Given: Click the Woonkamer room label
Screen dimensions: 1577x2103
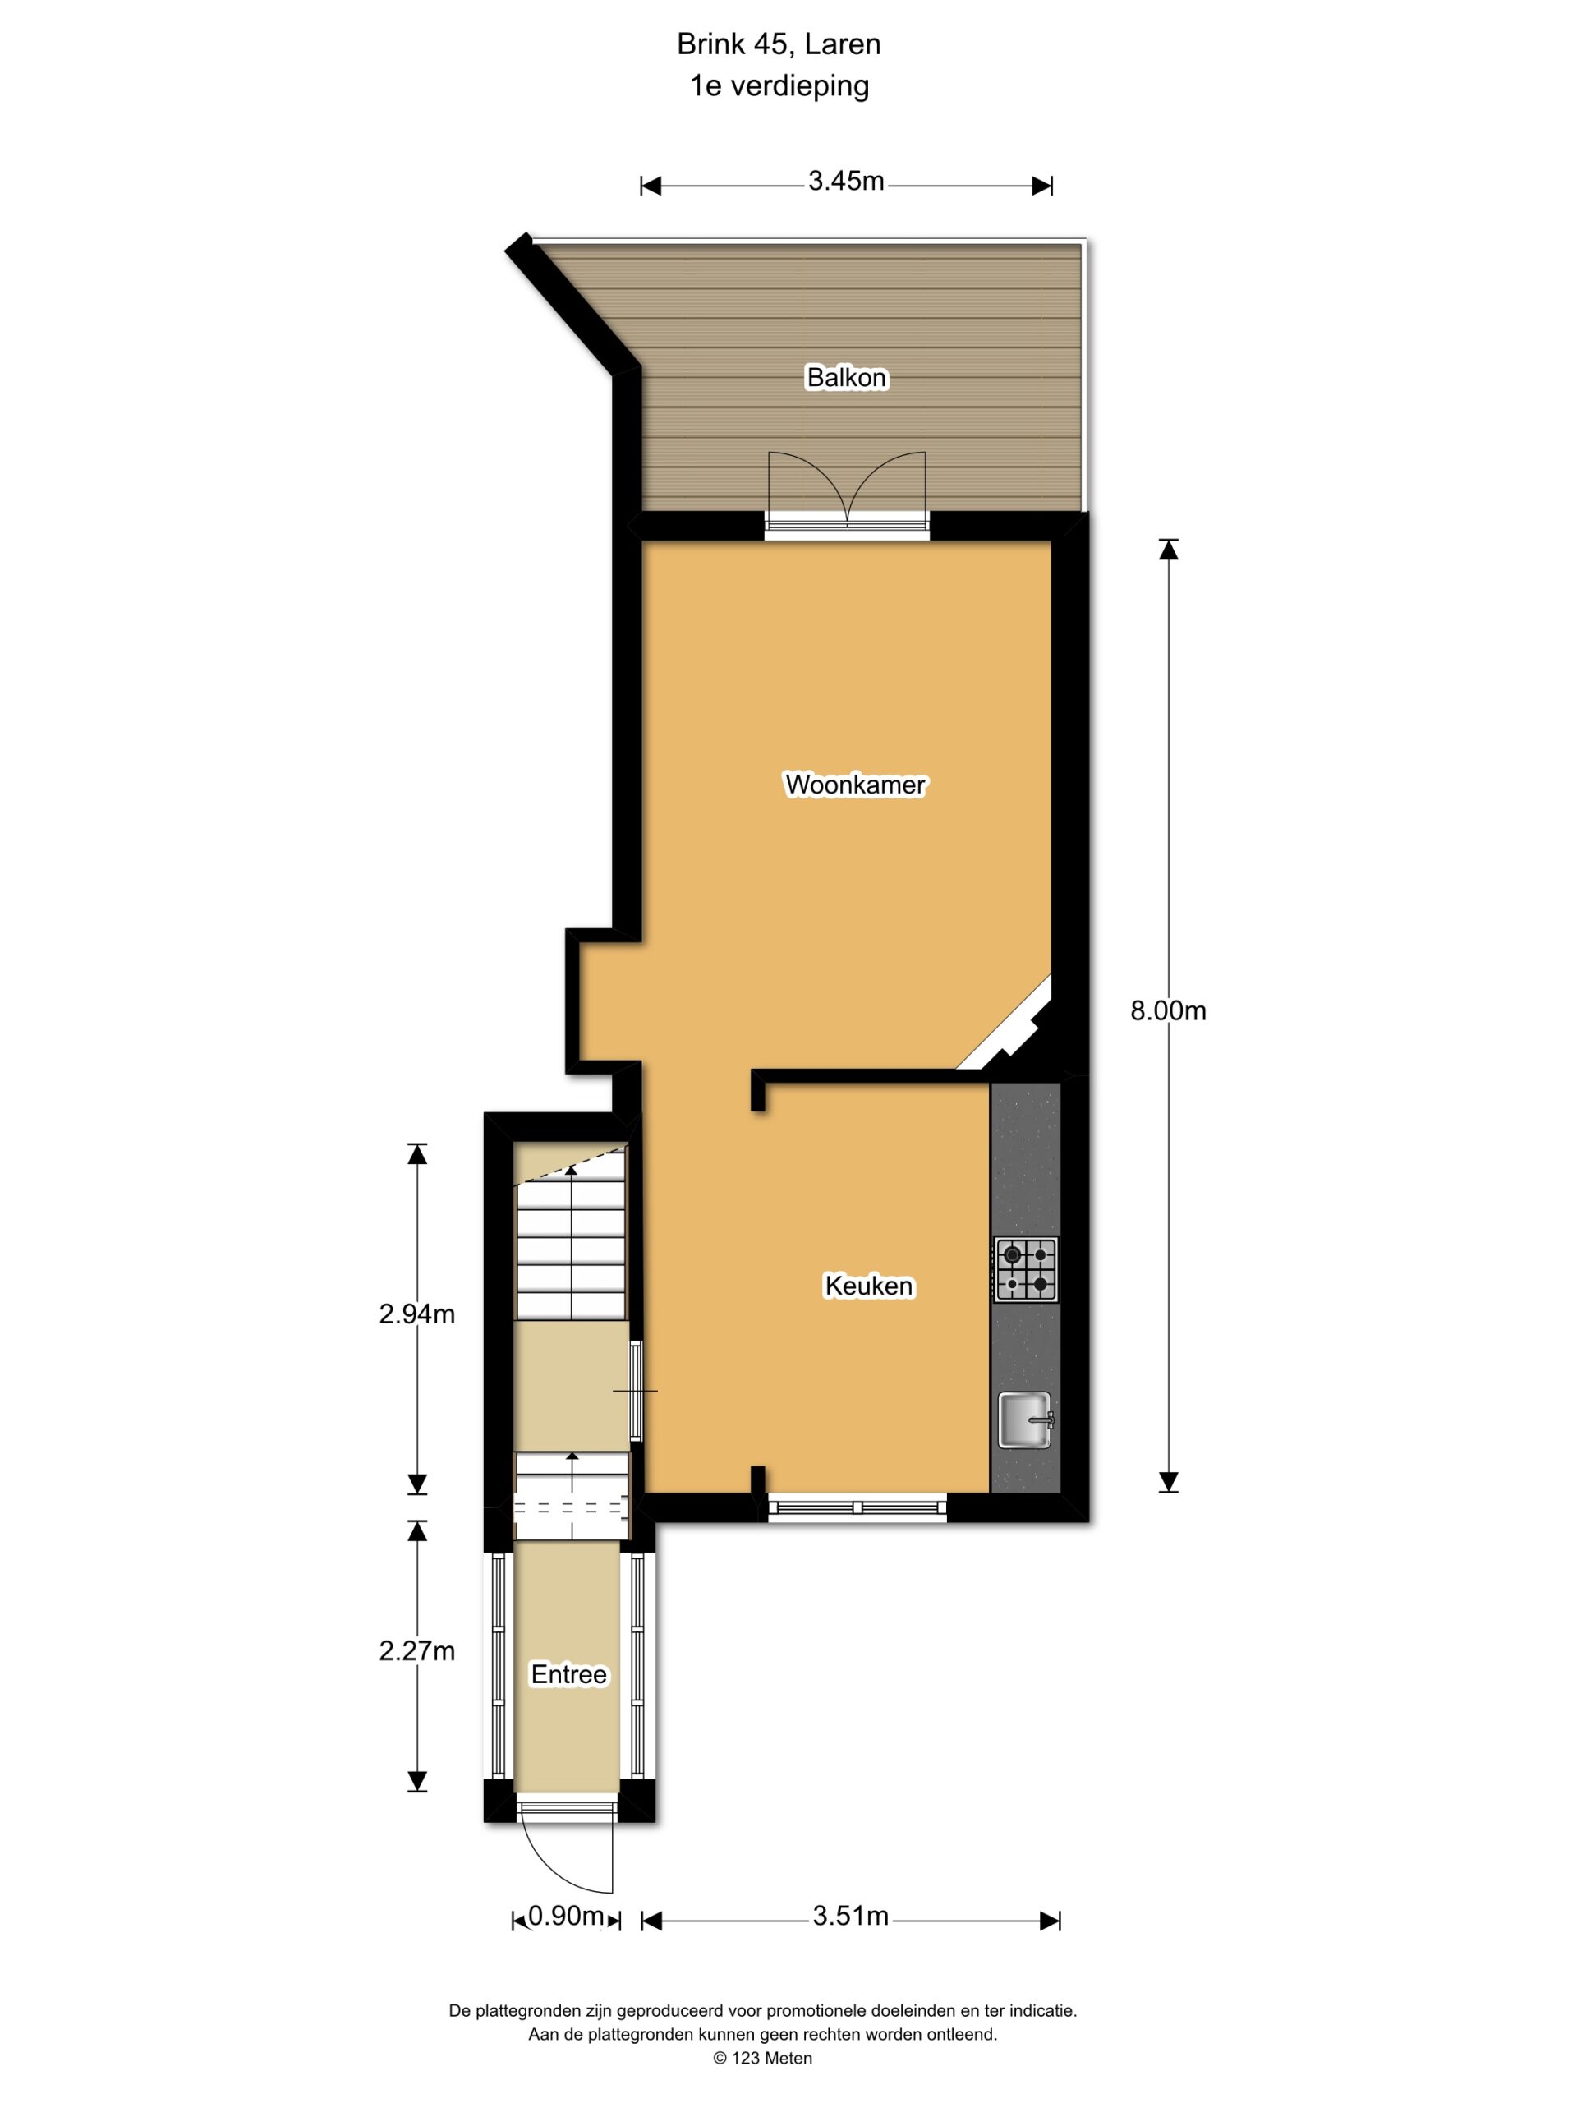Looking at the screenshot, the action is pyautogui.click(x=854, y=785).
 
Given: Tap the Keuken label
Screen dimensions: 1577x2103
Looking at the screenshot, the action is pyautogui.click(x=868, y=1286).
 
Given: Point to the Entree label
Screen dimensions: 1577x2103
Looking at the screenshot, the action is pyautogui.click(x=568, y=1674).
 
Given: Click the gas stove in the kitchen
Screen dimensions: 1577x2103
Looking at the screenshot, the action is pyautogui.click(x=1026, y=1269).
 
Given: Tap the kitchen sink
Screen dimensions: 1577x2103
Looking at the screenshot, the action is pyautogui.click(x=1025, y=1420).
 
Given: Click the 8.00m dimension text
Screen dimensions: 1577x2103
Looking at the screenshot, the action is pyautogui.click(x=1167, y=1010).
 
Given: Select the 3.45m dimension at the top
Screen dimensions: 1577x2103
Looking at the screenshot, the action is pyautogui.click(x=846, y=181).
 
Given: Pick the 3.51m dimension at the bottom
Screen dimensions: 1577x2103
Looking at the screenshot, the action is pyautogui.click(x=850, y=1916).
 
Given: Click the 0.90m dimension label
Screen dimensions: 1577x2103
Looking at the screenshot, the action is pyautogui.click(x=567, y=1916).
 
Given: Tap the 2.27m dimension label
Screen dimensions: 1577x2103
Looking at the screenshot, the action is pyautogui.click(x=416, y=1651).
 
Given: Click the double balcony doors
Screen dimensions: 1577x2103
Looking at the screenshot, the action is pyautogui.click(x=847, y=490).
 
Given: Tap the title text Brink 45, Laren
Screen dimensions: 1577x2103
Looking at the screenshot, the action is pyautogui.click(x=779, y=44).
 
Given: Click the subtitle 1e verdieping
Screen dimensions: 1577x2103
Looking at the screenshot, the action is pyautogui.click(x=779, y=85).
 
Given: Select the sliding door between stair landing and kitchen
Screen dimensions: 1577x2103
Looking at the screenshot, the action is pyautogui.click(x=636, y=1390).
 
